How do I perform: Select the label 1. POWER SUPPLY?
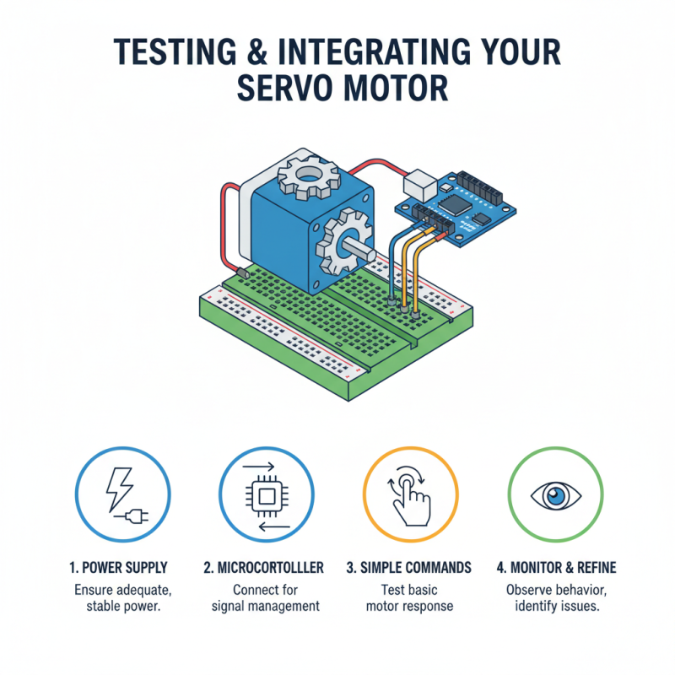click(120, 568)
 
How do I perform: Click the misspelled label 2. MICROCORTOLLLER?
click(264, 568)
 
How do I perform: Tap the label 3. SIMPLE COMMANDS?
click(409, 568)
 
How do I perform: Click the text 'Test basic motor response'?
click(409, 597)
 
